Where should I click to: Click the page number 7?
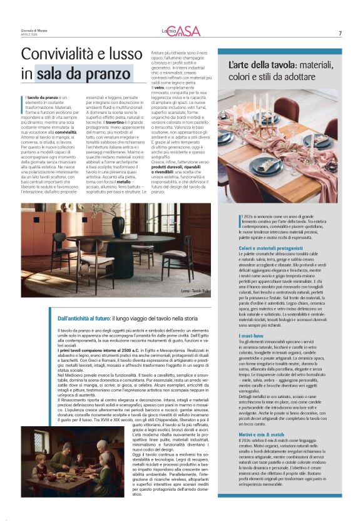[340, 33]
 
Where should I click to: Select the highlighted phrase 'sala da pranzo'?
[81, 73]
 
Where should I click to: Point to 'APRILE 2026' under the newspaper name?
[30, 35]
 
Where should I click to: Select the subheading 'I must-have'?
[251, 335]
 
